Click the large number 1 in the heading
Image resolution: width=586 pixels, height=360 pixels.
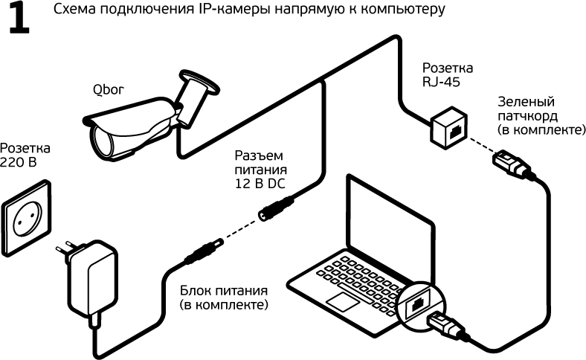(19, 20)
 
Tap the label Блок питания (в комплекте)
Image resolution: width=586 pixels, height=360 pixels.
(222, 298)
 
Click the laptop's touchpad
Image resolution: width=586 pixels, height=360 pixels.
(346, 301)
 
